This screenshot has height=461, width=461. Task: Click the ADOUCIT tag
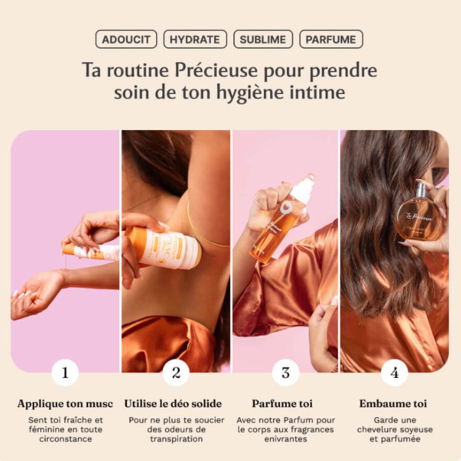(126, 39)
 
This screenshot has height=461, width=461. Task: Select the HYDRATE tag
(195, 39)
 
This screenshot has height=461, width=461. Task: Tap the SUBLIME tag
(263, 39)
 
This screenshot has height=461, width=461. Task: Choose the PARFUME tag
(331, 39)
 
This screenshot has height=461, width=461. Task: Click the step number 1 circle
(65, 372)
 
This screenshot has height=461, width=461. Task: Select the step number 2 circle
(176, 372)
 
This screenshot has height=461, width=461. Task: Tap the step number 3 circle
(285, 372)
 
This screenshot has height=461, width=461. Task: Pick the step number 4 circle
(395, 372)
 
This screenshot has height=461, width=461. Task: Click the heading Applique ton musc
(65, 403)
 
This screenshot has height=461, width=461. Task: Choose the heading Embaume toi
(393, 403)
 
